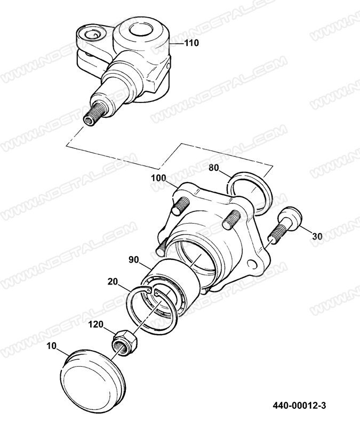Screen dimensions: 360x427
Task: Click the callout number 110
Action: [192, 43]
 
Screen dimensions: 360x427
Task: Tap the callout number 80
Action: [214, 168]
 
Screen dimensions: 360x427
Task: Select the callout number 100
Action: [158, 178]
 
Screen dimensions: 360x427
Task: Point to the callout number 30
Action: [317, 236]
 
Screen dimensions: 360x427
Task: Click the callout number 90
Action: [134, 259]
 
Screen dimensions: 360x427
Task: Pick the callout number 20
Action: [113, 281]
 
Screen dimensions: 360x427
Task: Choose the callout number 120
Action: [97, 325]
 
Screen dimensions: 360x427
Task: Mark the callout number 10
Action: [51, 346]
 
